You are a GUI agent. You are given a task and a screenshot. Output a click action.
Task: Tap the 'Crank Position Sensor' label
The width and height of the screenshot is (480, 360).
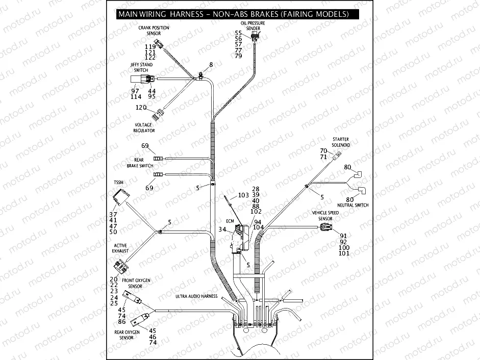[154, 31]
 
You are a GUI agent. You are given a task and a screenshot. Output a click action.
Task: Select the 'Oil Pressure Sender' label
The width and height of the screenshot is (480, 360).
[253, 26]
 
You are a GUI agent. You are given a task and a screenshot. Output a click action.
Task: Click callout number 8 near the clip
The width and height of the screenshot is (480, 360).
[211, 65]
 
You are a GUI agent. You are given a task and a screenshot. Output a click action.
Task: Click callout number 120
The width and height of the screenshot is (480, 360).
[141, 108]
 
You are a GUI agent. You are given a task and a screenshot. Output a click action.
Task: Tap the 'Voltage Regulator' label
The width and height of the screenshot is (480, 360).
[144, 127]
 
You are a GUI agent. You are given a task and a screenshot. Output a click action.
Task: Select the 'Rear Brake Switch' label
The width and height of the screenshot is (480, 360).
[139, 163]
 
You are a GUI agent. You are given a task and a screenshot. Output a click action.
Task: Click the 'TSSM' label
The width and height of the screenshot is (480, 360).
[118, 182]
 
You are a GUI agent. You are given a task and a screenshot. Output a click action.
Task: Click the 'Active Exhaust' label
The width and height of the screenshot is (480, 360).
[120, 248]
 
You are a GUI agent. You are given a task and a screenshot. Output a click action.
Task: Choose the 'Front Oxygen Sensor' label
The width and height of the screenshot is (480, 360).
[135, 284]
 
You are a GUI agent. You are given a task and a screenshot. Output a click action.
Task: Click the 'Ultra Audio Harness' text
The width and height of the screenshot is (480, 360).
[196, 296]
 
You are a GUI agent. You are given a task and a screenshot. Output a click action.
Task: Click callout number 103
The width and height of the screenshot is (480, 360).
[243, 195]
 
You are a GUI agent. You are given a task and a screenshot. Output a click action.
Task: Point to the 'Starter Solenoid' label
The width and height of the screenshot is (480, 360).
[340, 142]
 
